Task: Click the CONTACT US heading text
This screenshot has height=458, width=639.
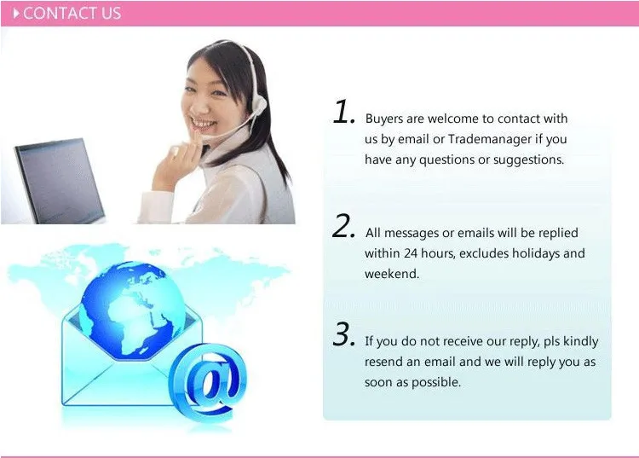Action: click(72, 13)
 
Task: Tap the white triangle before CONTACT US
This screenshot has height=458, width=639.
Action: click(16, 14)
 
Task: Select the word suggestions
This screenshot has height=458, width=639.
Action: click(528, 159)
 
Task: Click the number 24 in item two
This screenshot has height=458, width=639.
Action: click(411, 253)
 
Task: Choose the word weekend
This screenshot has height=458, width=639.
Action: click(392, 274)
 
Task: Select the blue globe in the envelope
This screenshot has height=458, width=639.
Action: click(131, 309)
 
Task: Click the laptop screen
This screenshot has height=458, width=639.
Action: click(58, 180)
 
